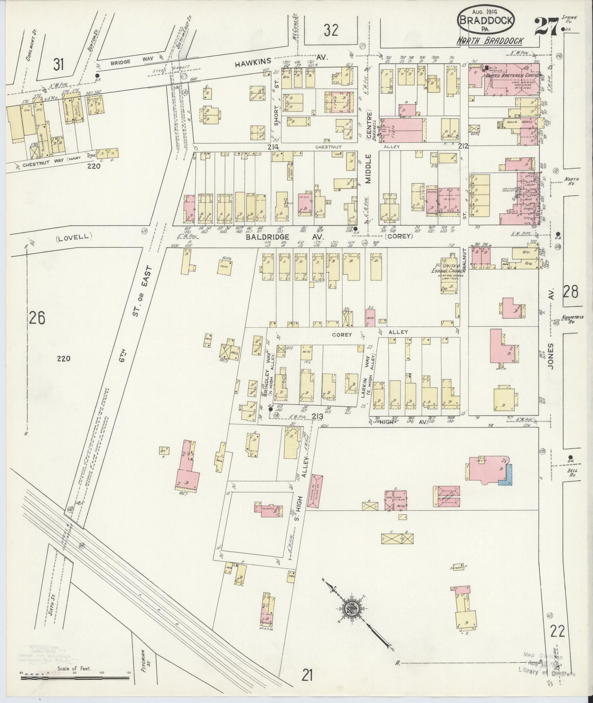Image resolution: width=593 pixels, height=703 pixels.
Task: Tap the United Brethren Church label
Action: [513, 76]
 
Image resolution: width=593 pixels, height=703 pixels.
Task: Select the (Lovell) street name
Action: [73, 237]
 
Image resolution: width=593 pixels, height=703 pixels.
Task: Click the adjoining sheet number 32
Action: [330, 30]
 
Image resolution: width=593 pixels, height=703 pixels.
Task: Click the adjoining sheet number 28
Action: [570, 292]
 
